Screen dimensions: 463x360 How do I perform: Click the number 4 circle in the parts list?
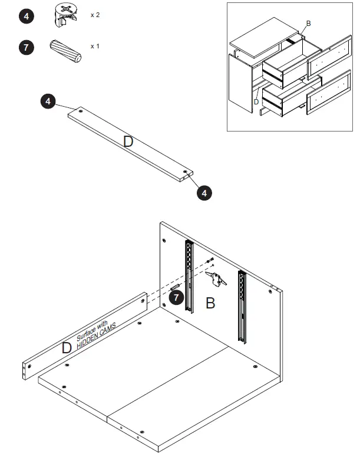click(27, 17)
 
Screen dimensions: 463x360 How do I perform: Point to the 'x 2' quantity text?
click(95, 15)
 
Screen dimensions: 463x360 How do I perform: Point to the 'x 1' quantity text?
click(95, 45)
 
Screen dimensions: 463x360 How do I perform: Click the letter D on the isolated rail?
click(128, 141)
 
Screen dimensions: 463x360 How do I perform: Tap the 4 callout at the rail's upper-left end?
click(48, 101)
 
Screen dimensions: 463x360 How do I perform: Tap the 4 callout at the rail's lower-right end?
click(203, 192)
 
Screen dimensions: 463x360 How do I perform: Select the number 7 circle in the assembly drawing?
click(177, 297)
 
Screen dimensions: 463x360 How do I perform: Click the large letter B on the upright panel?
click(210, 304)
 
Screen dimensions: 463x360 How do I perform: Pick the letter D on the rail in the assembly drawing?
click(67, 348)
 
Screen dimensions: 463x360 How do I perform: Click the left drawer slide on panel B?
click(189, 275)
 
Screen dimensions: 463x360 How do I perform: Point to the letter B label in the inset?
click(308, 23)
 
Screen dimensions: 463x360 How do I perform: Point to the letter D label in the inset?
click(256, 101)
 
